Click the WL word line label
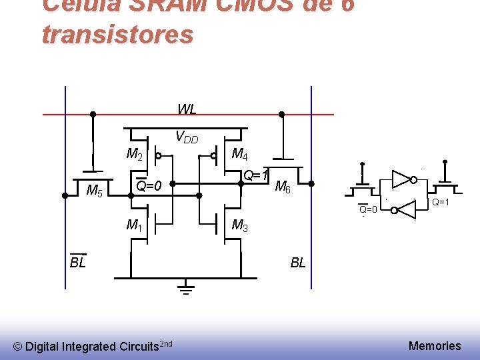(x=187, y=109)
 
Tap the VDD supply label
(x=187, y=137)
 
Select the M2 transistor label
(x=134, y=155)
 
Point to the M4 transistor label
(x=239, y=155)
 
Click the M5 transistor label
(x=95, y=191)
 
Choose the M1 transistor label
(x=134, y=225)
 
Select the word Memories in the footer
(x=435, y=345)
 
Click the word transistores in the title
(x=117, y=34)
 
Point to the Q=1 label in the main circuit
(x=255, y=176)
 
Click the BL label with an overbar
(x=78, y=262)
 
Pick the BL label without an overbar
(x=298, y=263)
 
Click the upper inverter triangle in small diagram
(x=401, y=178)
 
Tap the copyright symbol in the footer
(x=18, y=347)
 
